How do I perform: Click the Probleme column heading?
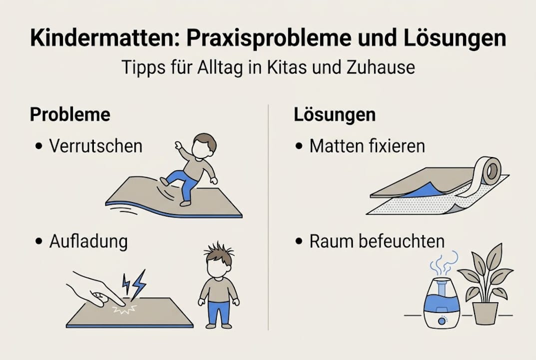[x=70, y=114]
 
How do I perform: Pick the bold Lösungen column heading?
[x=334, y=114]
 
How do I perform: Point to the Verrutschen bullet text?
[x=95, y=145]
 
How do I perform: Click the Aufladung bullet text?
[x=88, y=241]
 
